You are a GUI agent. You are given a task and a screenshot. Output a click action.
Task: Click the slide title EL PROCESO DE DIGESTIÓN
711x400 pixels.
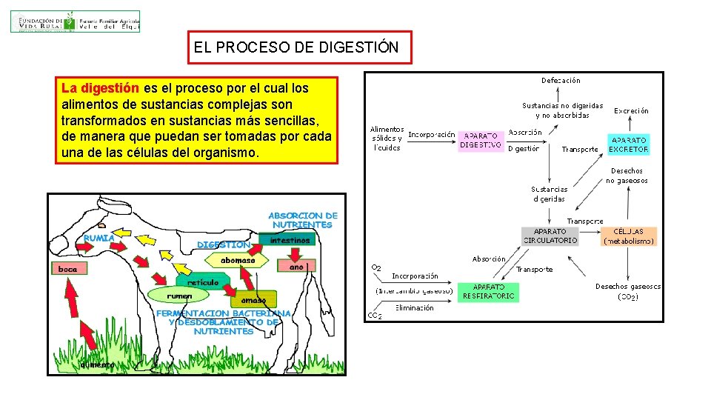296,48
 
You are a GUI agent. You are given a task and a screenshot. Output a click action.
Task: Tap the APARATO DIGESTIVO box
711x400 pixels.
481,141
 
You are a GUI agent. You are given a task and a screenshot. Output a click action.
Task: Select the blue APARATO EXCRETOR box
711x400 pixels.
629,144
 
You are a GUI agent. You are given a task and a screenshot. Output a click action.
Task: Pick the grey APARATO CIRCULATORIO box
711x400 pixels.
550,236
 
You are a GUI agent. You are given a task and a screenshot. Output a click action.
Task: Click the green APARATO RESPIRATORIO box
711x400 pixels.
487,291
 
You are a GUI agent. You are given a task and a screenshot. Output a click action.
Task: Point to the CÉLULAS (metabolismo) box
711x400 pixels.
629,236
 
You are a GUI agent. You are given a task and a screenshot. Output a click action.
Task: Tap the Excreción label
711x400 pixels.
631,110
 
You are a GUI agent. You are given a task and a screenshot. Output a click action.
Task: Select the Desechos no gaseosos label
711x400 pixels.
627,176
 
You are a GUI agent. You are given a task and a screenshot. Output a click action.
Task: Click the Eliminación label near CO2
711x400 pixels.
415,308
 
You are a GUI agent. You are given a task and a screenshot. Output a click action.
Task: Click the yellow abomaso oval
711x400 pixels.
238,261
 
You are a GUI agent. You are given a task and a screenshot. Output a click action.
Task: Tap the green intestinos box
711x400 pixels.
290,241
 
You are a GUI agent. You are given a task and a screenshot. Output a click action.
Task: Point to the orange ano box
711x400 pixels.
296,266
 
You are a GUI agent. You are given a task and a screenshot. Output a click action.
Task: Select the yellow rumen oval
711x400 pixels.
180,296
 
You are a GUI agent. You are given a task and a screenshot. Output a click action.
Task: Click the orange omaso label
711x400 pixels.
253,301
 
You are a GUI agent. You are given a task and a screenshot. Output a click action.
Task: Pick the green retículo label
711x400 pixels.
203,282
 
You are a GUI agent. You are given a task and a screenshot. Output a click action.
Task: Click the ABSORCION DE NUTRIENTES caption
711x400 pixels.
302,220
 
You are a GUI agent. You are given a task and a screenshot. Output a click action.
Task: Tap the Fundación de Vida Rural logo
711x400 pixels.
75,21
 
